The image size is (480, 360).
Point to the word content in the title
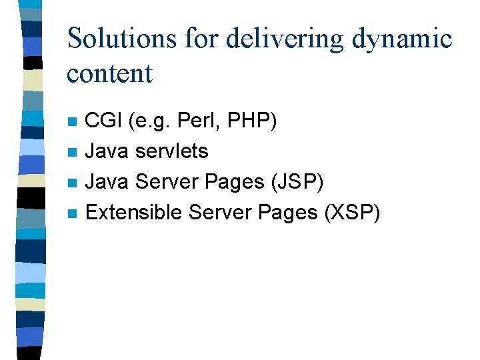point(109,73)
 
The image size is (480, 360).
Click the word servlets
point(171,151)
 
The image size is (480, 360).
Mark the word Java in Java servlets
point(108,151)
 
